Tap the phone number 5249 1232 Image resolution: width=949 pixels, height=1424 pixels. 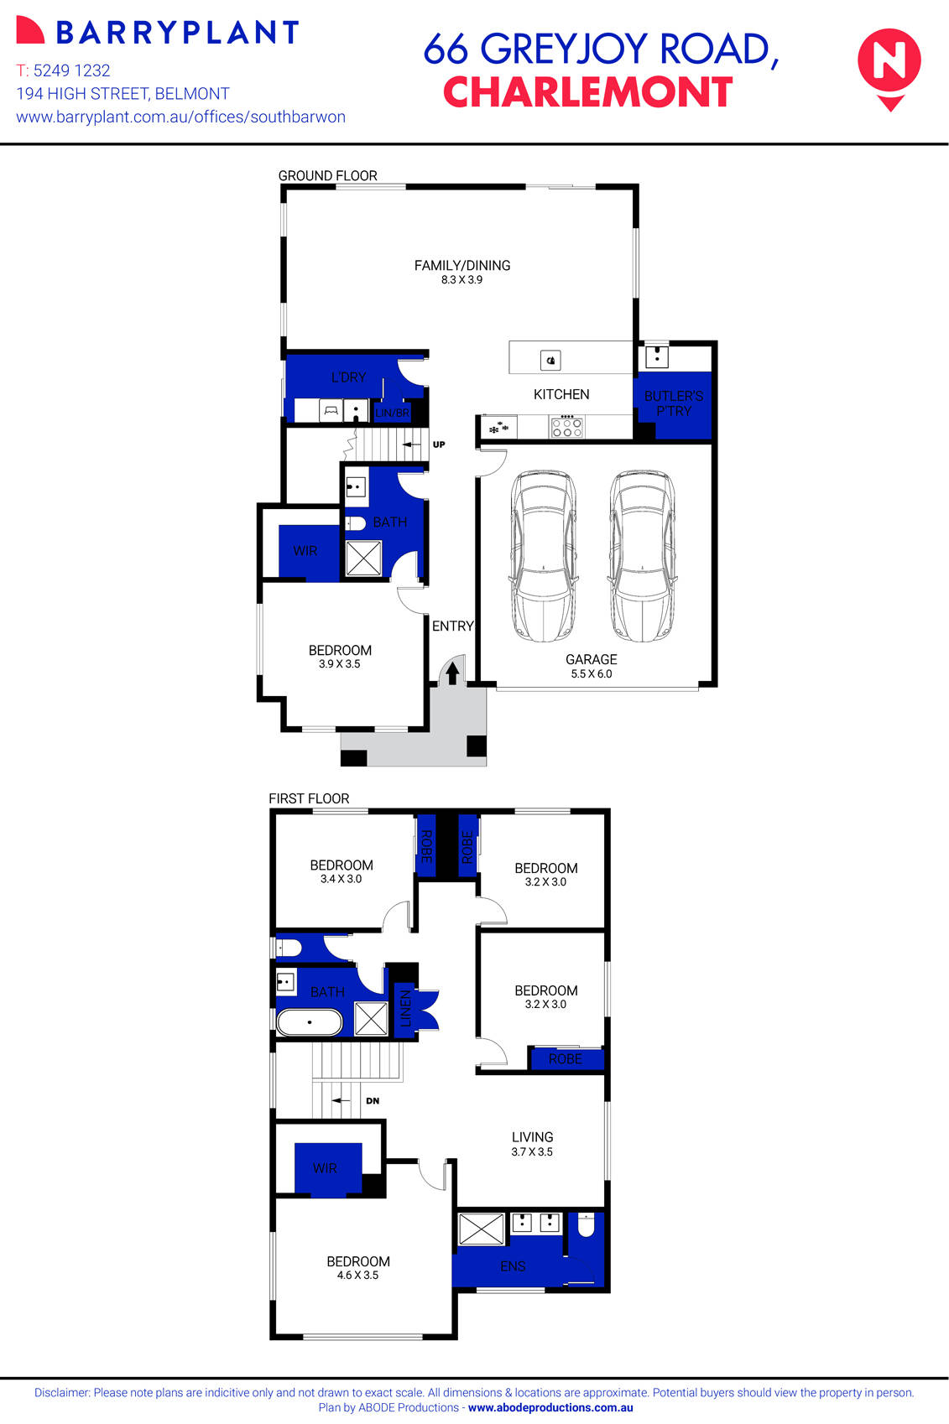point(71,70)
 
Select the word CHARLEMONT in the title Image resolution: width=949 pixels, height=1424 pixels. point(587,92)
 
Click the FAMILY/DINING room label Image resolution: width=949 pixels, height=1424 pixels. point(462,265)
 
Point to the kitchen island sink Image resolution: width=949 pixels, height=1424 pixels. point(550,361)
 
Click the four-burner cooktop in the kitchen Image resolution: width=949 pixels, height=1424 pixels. point(566,428)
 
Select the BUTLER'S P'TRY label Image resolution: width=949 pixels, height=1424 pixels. point(674,403)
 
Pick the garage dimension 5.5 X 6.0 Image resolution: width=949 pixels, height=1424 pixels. point(592,673)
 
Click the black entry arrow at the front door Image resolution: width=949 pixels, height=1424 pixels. point(452,673)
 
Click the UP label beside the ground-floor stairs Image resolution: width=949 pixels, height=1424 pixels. point(439,444)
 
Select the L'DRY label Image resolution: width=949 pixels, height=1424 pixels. point(348,377)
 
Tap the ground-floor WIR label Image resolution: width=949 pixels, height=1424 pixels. point(305,551)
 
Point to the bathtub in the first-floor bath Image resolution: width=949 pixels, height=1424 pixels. point(310,1023)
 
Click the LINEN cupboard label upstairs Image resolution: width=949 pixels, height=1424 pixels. point(405,1009)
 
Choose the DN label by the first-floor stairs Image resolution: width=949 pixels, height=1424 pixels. point(373,1100)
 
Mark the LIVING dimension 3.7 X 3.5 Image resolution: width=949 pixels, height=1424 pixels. point(532,1151)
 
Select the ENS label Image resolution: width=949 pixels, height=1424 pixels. point(513,1266)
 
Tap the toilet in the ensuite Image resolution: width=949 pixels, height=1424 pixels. point(586,1226)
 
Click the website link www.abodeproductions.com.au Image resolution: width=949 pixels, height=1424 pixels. point(550,1408)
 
